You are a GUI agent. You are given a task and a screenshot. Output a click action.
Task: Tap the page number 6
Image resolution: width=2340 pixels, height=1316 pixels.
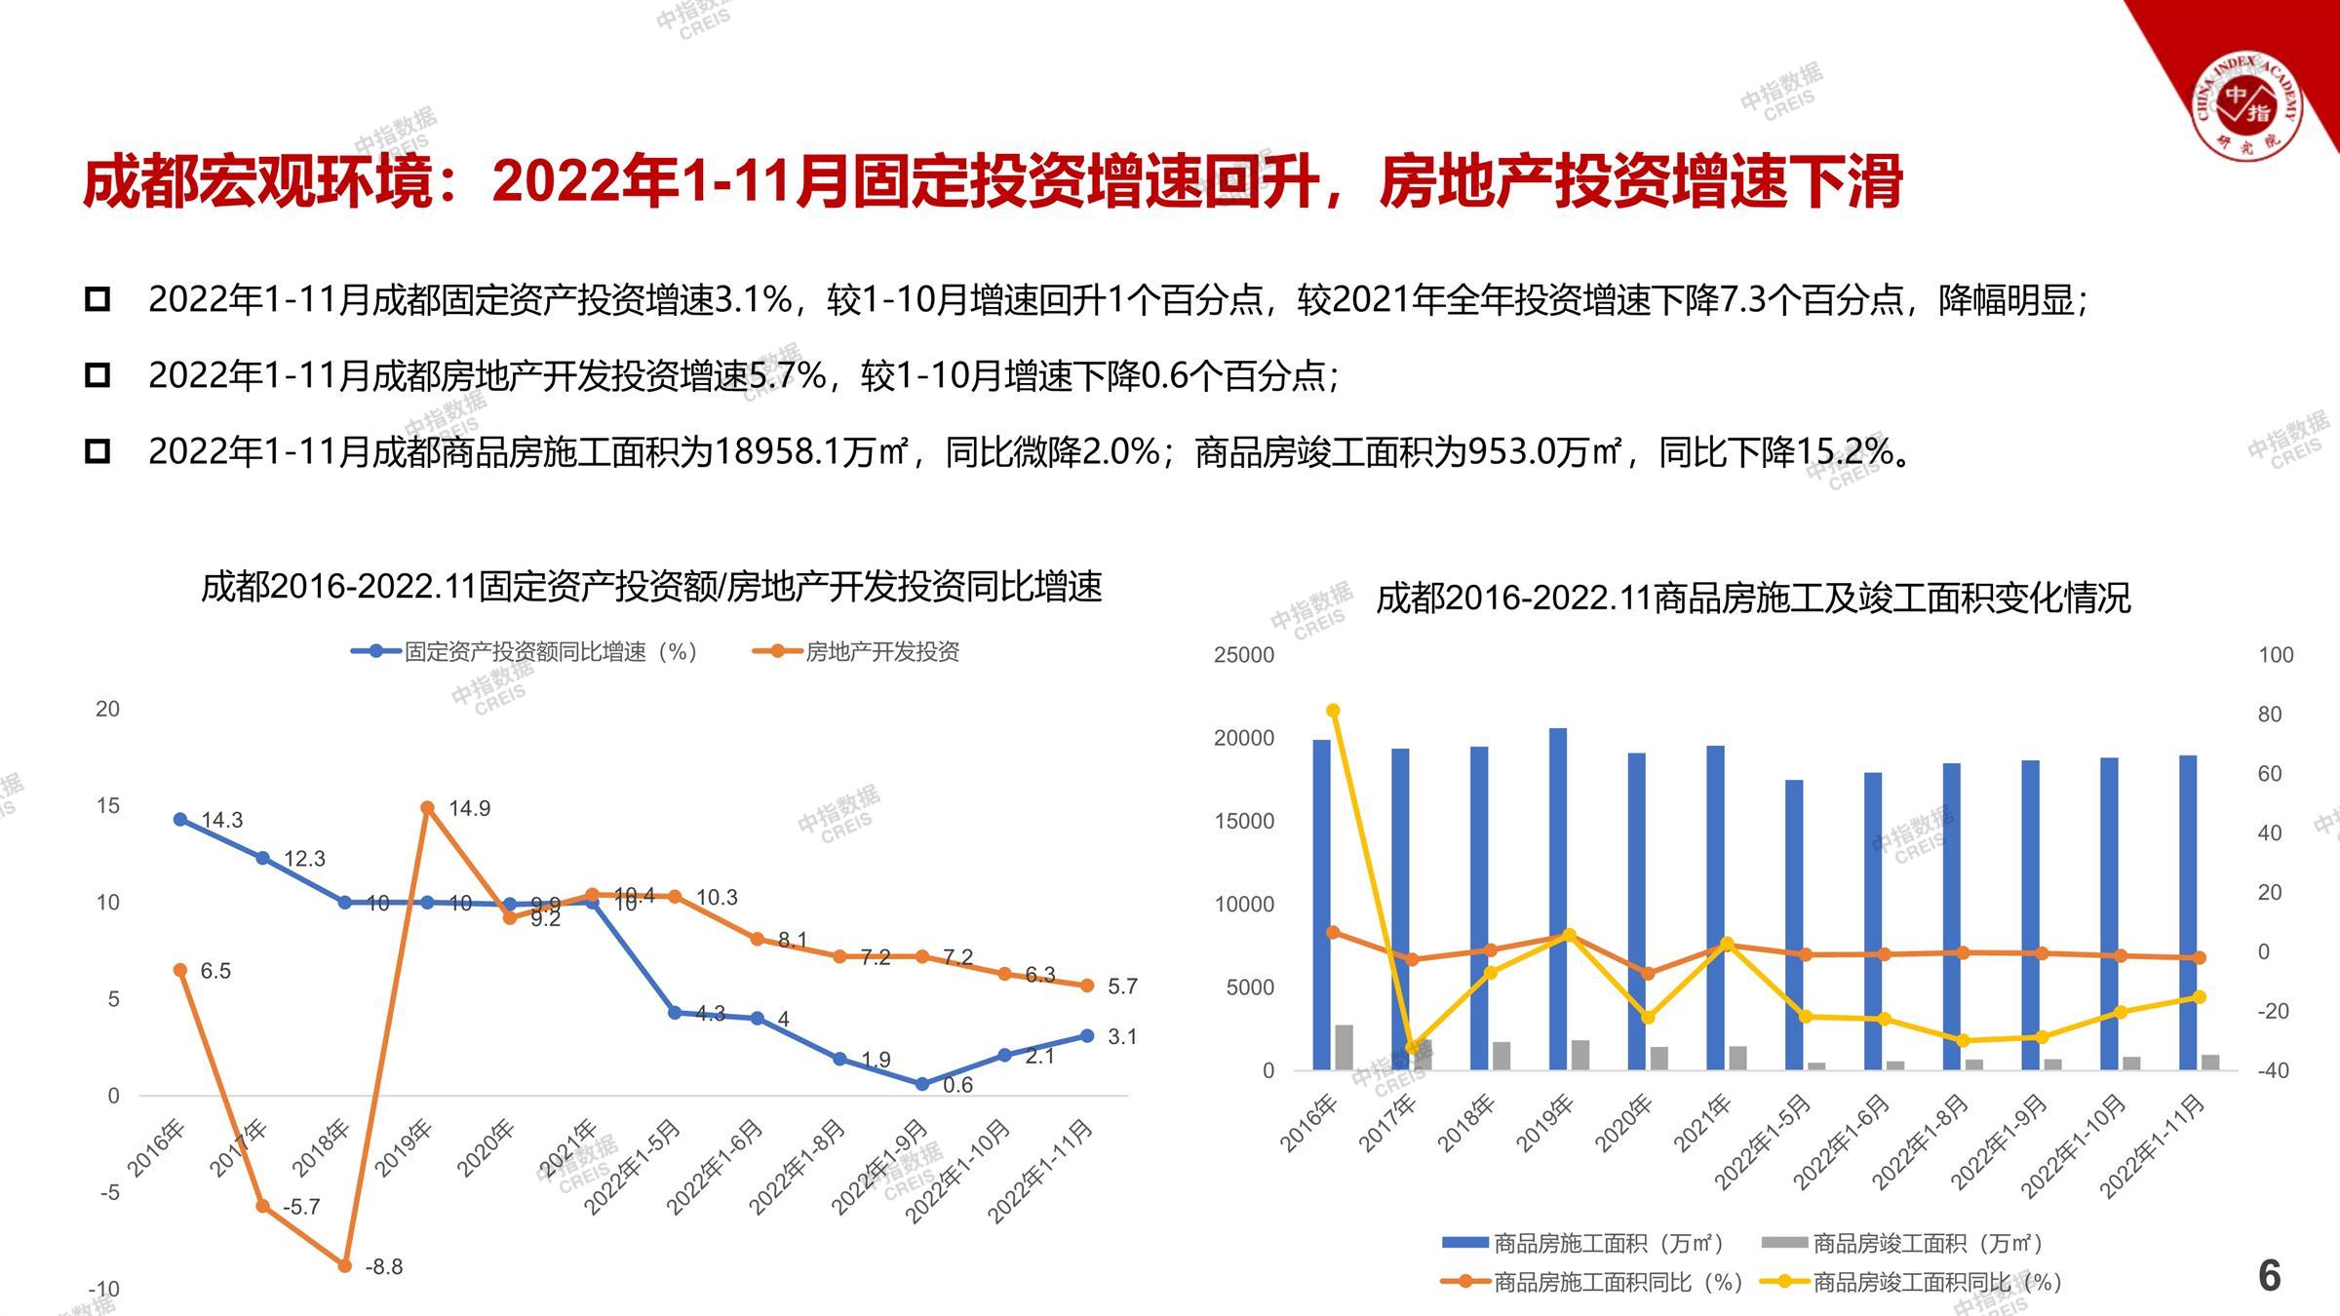click(x=2269, y=1275)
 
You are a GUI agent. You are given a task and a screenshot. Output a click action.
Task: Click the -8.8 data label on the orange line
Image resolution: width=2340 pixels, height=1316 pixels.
click(x=383, y=1267)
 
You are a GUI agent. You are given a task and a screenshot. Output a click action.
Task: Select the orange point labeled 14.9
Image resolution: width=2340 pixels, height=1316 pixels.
click(x=427, y=808)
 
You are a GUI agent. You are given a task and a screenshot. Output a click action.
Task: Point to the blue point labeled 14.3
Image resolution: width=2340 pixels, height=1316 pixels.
click(x=180, y=820)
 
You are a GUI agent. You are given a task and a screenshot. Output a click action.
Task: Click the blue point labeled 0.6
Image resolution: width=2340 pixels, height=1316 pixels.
click(x=922, y=1084)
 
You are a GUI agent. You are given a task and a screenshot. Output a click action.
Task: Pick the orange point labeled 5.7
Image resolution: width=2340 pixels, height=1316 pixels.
click(x=1087, y=986)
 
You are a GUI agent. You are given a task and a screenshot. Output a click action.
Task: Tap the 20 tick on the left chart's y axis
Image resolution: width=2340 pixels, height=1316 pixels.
click(x=107, y=710)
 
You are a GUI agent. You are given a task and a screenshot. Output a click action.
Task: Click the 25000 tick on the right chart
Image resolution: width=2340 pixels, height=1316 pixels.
click(x=1243, y=655)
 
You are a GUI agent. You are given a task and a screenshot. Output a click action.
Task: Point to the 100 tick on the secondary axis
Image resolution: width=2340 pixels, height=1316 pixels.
click(x=2276, y=655)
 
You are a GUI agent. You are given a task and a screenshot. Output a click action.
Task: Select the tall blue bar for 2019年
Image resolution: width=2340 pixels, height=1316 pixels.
click(x=1558, y=897)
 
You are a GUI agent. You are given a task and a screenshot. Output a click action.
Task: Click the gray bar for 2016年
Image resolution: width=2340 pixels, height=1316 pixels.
click(x=1344, y=1047)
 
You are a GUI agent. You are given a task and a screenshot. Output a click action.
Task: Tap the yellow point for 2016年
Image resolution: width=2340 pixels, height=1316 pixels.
click(x=1334, y=711)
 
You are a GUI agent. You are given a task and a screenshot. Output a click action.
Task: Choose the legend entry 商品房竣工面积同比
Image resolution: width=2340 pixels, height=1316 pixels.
click(x=1935, y=1282)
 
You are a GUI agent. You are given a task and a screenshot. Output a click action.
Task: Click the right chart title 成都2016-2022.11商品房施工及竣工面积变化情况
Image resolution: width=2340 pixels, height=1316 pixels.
click(x=1753, y=598)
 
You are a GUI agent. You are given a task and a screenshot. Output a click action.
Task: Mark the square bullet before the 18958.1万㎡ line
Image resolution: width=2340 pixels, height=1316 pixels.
click(x=97, y=451)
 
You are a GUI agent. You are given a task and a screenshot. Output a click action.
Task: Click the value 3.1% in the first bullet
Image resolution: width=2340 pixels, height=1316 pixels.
click(x=753, y=299)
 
